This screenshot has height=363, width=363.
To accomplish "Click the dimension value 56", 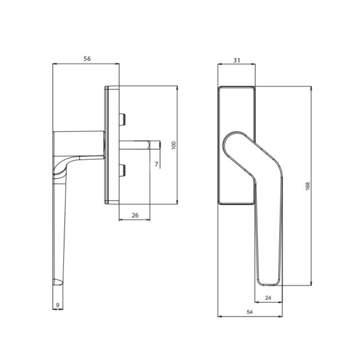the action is pyautogui.click(x=87, y=59).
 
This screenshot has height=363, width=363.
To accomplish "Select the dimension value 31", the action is pyautogui.click(x=236, y=60).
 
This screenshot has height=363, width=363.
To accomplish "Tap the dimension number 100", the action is pyautogui.click(x=174, y=145).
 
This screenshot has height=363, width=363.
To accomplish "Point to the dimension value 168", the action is pyautogui.click(x=308, y=186).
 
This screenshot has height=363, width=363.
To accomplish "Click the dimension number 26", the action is pyautogui.click(x=135, y=215).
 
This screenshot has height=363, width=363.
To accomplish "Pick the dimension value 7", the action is pyautogui.click(x=157, y=164).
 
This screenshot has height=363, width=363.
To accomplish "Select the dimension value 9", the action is pyautogui.click(x=58, y=305).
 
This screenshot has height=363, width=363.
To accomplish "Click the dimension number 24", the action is pyautogui.click(x=268, y=298).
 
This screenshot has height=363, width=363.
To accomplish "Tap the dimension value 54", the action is pyautogui.click(x=250, y=312).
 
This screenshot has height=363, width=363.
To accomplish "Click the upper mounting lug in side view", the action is pyautogui.click(x=122, y=119).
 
